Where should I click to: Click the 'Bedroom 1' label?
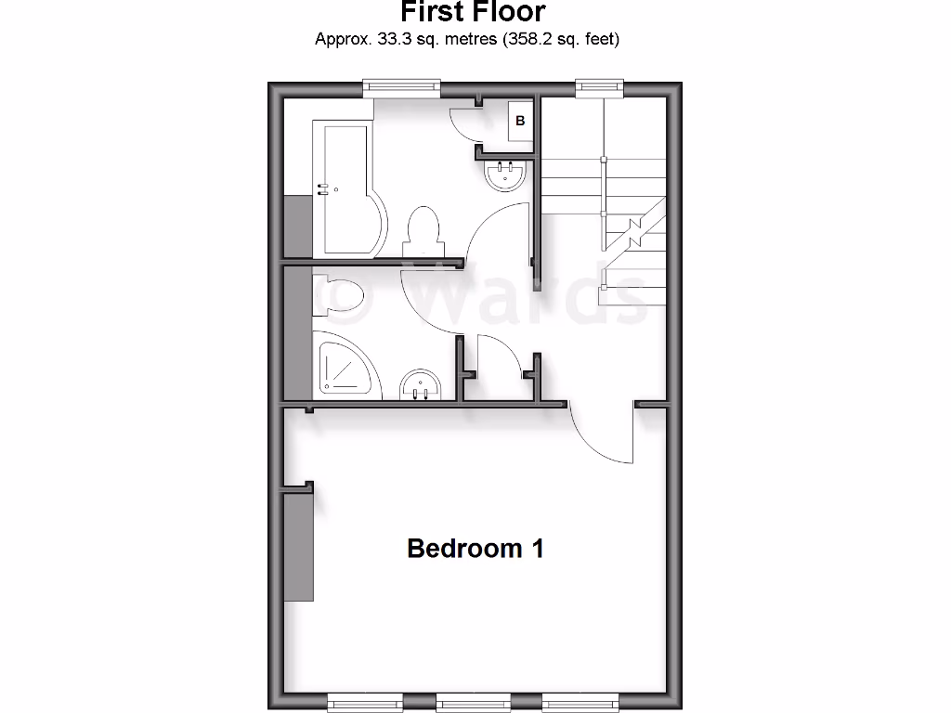click(x=475, y=548)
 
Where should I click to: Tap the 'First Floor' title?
click(x=473, y=12)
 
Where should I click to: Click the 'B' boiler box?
click(x=520, y=121)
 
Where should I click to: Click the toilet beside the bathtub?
click(x=423, y=229)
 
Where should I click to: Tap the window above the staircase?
click(x=598, y=87)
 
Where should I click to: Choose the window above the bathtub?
click(x=401, y=87)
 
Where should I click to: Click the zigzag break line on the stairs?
click(x=638, y=228)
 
